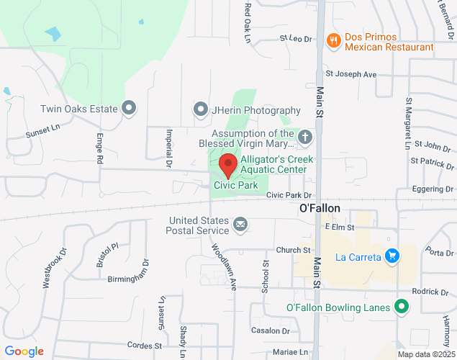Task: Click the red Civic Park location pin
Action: (228, 165)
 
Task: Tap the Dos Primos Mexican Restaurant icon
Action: (332, 41)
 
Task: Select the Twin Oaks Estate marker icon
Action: (130, 109)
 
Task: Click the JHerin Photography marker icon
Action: (201, 109)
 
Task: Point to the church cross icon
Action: (305, 137)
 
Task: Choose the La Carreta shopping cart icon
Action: (392, 256)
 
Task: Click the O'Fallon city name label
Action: (320, 208)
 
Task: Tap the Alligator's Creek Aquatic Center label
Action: (273, 164)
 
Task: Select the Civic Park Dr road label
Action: (288, 195)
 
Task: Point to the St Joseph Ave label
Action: (351, 73)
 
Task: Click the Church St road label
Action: (292, 250)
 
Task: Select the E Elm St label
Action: (340, 227)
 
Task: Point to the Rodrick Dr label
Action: (430, 292)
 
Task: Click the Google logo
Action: (24, 351)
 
